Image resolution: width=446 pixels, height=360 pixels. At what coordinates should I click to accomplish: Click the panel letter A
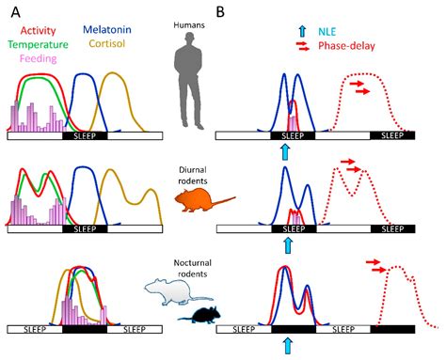[x=16, y=12]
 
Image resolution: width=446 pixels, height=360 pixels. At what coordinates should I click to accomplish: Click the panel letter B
[x=220, y=12]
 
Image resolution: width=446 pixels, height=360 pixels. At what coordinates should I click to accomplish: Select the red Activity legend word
[x=38, y=31]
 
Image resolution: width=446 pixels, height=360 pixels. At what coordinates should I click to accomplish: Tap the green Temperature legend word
[x=38, y=44]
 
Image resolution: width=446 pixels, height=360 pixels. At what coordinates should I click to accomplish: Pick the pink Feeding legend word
[x=39, y=58]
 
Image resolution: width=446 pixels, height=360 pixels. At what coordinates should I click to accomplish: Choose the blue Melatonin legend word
[x=107, y=30]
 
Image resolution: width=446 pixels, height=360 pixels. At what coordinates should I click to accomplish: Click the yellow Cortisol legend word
[x=107, y=43]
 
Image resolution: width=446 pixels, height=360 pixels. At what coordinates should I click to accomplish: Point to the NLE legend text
[x=327, y=32]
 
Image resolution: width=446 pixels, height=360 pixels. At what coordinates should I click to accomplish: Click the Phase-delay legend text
[x=346, y=46]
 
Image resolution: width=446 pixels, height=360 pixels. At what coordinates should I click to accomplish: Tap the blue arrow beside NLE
[x=302, y=31]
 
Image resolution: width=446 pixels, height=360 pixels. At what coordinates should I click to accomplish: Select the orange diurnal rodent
[x=204, y=199]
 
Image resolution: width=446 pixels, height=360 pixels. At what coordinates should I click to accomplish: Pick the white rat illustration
[x=178, y=292]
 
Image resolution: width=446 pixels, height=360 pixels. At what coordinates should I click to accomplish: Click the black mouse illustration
[x=200, y=315]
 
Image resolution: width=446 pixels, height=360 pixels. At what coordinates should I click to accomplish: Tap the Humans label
[x=189, y=24]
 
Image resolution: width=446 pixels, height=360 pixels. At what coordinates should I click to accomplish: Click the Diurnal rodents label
[x=193, y=176]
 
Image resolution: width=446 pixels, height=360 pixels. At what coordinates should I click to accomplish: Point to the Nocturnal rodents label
[x=193, y=268]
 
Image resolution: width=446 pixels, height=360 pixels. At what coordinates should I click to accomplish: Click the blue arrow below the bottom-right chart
[x=288, y=346]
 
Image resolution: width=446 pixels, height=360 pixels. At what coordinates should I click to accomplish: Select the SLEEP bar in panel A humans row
[x=85, y=136]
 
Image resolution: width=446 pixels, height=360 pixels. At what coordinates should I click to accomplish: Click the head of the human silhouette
[x=189, y=39]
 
